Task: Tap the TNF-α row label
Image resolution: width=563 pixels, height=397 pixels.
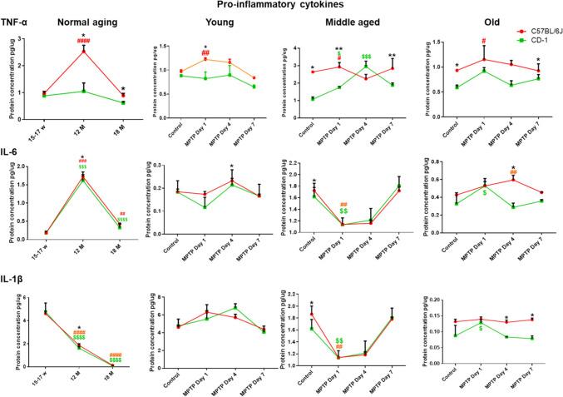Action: click(x=16, y=25)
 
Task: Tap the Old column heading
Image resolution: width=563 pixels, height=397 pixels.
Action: click(x=481, y=25)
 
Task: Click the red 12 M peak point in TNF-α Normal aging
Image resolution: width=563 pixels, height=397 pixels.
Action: click(x=82, y=51)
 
